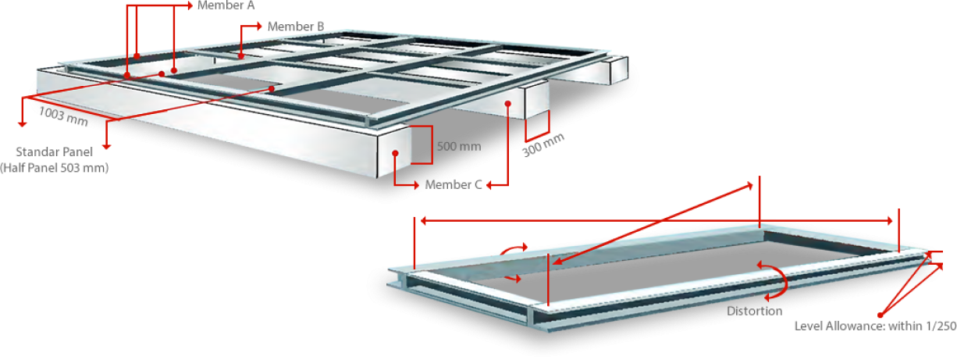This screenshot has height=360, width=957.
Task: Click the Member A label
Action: click(x=226, y=5)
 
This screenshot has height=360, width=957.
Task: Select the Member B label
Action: click(x=296, y=27)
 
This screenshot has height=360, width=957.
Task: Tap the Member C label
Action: click(x=454, y=185)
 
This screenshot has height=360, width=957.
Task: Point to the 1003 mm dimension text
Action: click(x=63, y=116)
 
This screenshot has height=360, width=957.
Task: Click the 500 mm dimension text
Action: click(x=459, y=146)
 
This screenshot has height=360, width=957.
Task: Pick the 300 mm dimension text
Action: click(x=543, y=144)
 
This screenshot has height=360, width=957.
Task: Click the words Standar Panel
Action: click(x=55, y=151)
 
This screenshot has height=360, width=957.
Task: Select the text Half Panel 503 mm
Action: click(x=55, y=168)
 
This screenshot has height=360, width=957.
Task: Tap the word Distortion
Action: click(x=755, y=311)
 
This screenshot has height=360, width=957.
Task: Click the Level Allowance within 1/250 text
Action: click(x=875, y=326)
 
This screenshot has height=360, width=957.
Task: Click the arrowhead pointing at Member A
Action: click(x=190, y=5)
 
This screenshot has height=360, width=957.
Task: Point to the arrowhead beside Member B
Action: click(x=259, y=26)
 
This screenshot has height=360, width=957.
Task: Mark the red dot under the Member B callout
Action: click(x=241, y=56)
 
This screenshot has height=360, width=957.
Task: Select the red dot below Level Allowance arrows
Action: click(x=880, y=315)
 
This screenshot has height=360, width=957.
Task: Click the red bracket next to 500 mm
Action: click(x=422, y=144)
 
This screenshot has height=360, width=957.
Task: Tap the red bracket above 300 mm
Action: click(x=538, y=126)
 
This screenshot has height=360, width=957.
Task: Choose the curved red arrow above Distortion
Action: click(x=774, y=280)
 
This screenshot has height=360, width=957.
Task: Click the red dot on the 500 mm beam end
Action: click(x=395, y=153)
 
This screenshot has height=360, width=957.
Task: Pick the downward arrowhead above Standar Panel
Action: click(x=107, y=147)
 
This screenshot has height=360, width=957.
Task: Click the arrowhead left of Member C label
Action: click(x=489, y=185)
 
